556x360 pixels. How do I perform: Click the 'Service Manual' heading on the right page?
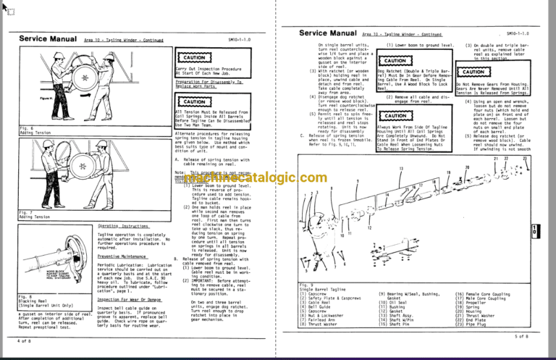[x=327, y=33]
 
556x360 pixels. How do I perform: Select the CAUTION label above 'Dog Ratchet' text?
[x=397, y=61]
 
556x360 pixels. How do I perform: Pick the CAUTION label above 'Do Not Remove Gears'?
[x=474, y=72]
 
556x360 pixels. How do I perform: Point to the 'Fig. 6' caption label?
[x=26, y=127]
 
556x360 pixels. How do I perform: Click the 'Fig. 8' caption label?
[x=26, y=296]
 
